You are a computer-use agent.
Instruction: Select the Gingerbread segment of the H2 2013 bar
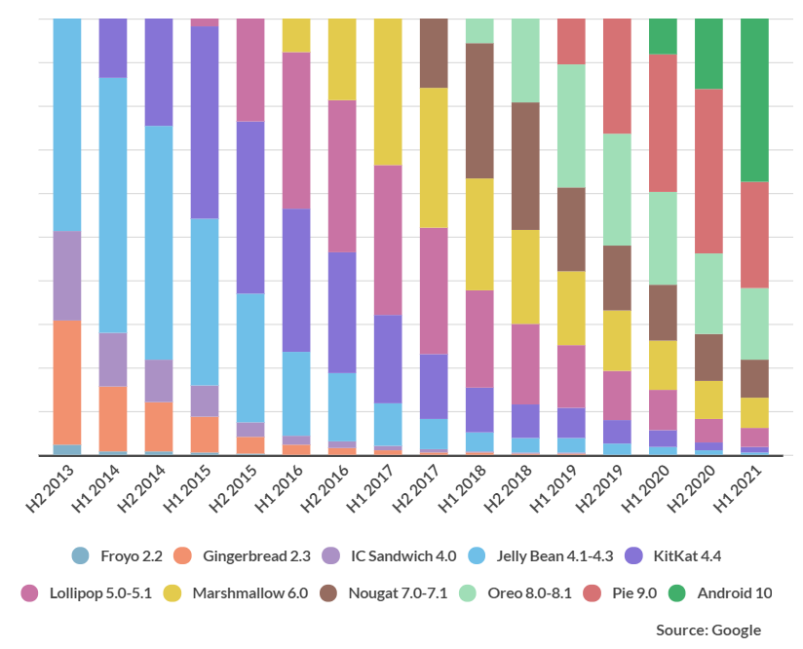point(67,382)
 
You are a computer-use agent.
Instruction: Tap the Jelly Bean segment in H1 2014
point(113,205)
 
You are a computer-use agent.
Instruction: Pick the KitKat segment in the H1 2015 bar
point(205,122)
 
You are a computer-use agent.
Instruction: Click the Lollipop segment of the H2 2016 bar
point(342,175)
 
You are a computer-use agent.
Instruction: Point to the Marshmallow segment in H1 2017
point(388,92)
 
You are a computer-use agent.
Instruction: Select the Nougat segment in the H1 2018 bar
point(479,110)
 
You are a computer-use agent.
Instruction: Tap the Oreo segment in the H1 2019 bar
point(571,126)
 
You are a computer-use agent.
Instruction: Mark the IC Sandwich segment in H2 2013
point(67,276)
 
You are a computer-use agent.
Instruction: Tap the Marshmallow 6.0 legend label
point(249,592)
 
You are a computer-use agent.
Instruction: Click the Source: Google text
point(708,630)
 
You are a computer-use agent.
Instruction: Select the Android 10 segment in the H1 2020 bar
point(663,36)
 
